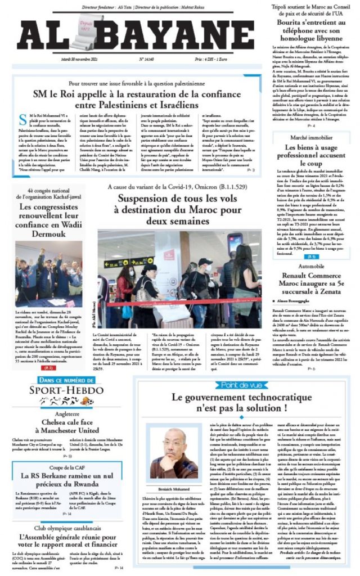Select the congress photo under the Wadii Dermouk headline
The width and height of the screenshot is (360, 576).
[x=48, y=276]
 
